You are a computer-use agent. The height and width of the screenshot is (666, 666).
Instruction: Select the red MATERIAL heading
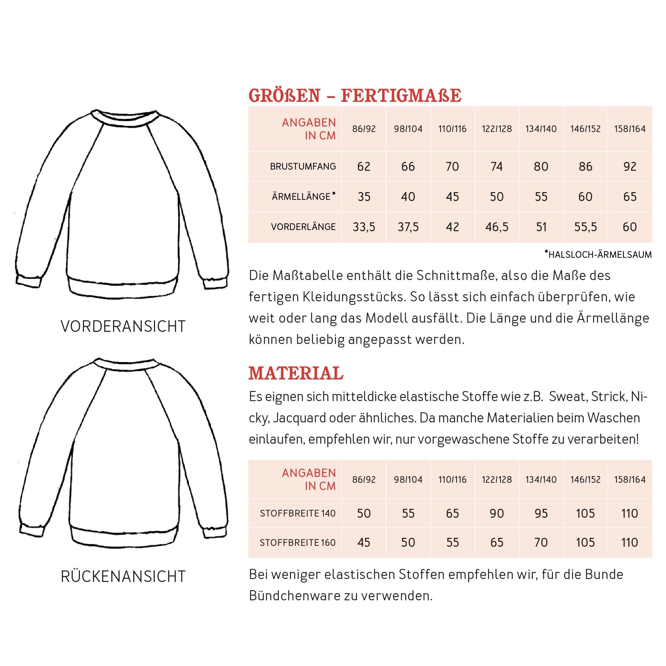coord(296,374)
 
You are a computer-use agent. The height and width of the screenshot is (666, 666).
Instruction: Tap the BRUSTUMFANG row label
coord(303,166)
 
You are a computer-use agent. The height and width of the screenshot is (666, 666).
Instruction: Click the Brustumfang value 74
coord(496,166)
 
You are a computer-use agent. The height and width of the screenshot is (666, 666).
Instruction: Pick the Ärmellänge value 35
coord(364,197)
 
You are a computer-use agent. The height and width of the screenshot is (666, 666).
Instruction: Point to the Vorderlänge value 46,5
coord(496,227)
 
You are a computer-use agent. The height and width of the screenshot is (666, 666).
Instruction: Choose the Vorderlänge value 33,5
coord(364,227)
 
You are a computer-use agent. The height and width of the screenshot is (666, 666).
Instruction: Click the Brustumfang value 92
coord(630,166)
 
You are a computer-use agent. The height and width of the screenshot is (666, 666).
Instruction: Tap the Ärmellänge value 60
coord(585,197)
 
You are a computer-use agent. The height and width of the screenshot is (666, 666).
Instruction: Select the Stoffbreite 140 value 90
coord(496,513)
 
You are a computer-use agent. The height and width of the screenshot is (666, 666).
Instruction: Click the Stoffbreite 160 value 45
coord(364,542)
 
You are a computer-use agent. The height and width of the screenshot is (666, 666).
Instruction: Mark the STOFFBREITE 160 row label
coord(297,543)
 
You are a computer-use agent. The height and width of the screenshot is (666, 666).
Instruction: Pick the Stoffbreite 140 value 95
coord(541,513)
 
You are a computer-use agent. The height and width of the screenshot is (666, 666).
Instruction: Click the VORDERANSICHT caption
coord(123,326)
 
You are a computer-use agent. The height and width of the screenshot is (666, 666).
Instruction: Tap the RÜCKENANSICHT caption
coord(123,576)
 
